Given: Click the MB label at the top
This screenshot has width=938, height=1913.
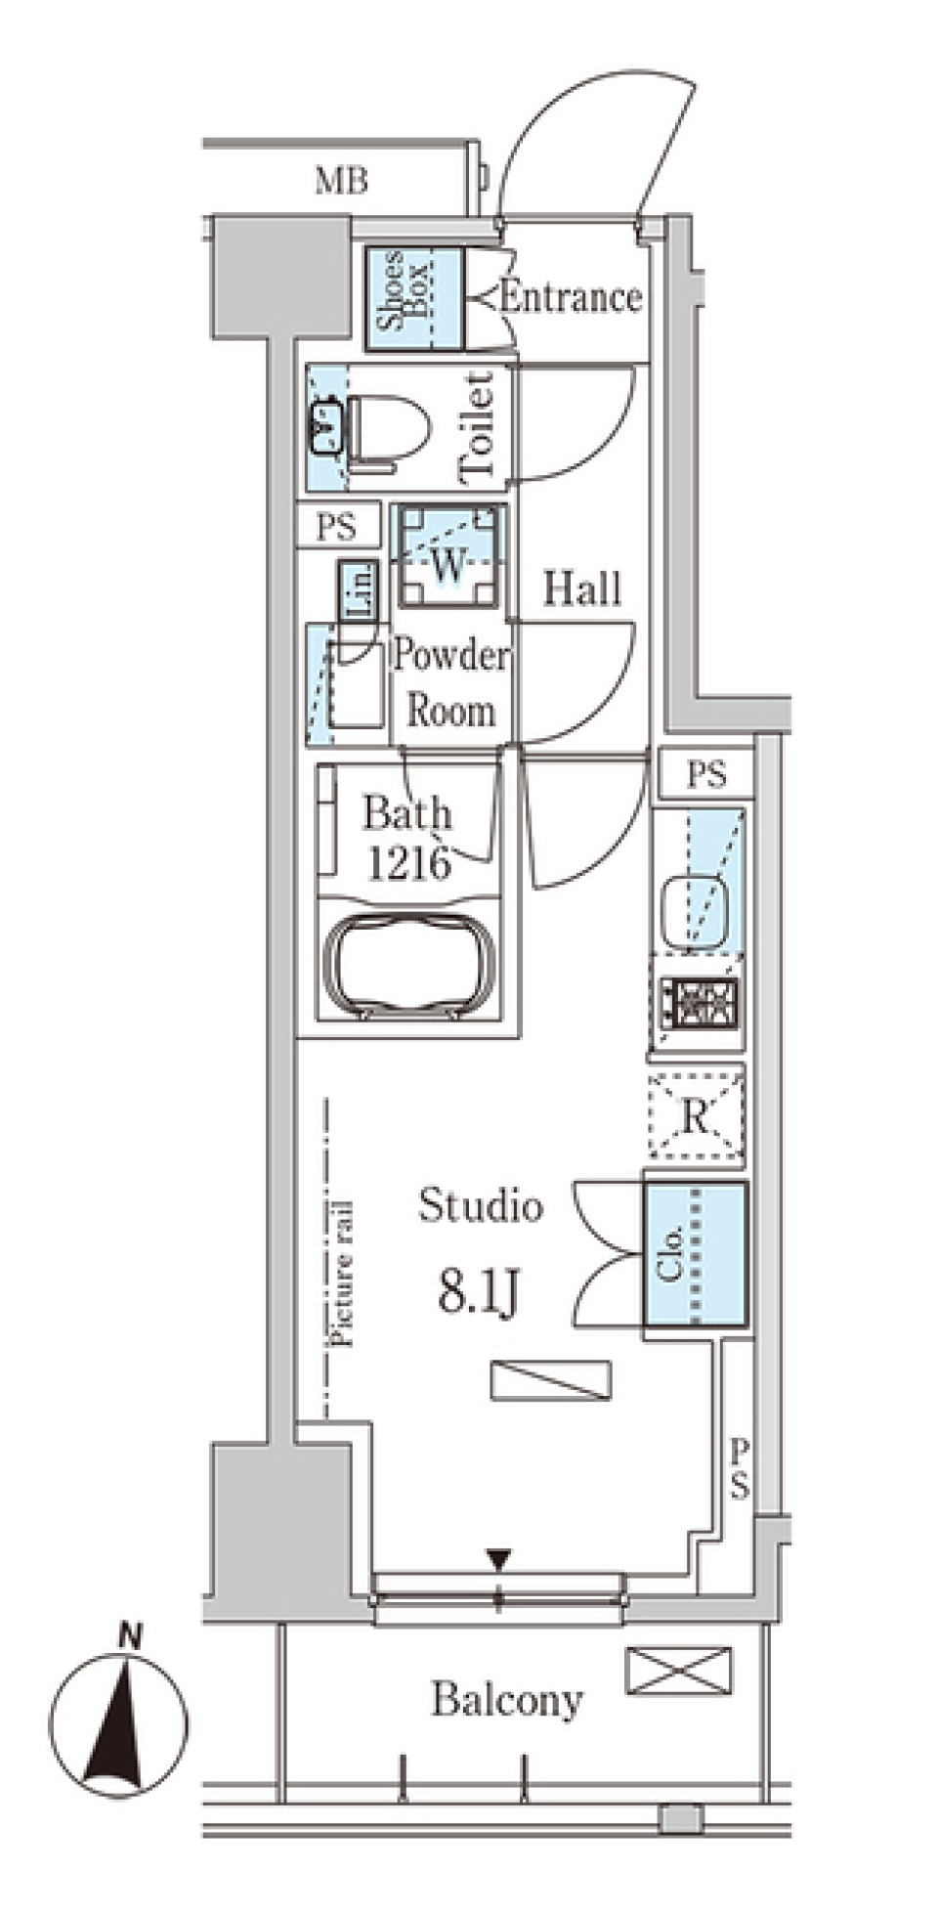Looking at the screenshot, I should click(341, 181).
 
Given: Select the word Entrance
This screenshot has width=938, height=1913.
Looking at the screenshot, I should click(571, 297).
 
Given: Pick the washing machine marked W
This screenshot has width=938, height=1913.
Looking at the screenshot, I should click(448, 556).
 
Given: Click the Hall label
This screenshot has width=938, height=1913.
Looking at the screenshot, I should click(582, 588).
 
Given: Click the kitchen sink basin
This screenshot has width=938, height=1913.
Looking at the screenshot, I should click(696, 908).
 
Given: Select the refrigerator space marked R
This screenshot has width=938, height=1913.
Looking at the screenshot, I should click(696, 1115).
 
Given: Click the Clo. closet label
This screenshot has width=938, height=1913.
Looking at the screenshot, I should click(670, 1255).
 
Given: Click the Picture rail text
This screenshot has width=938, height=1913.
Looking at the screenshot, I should click(342, 1273).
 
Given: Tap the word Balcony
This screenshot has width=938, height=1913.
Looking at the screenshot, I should click(507, 1701).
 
